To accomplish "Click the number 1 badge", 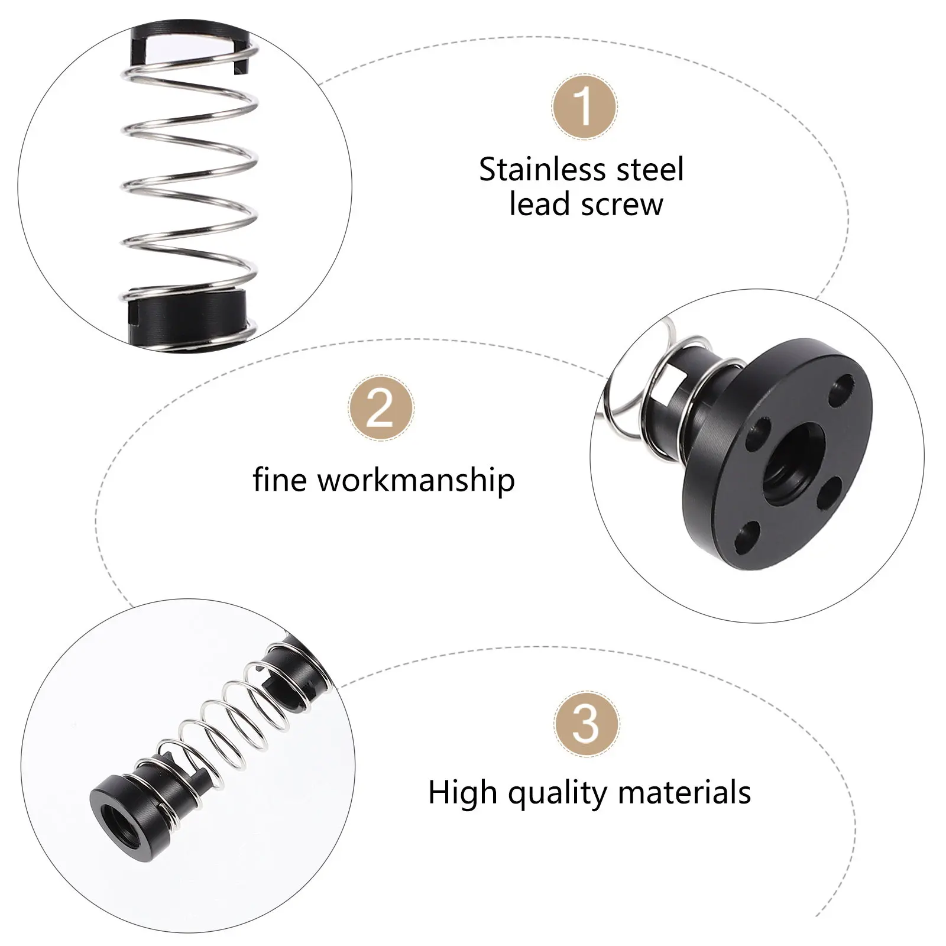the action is (584, 107).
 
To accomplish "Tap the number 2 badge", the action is (381, 407).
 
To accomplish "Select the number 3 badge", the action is (587, 724).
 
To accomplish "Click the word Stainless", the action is (543, 170).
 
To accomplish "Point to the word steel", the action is (650, 170).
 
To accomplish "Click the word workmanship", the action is (416, 480).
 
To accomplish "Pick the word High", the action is (462, 793).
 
